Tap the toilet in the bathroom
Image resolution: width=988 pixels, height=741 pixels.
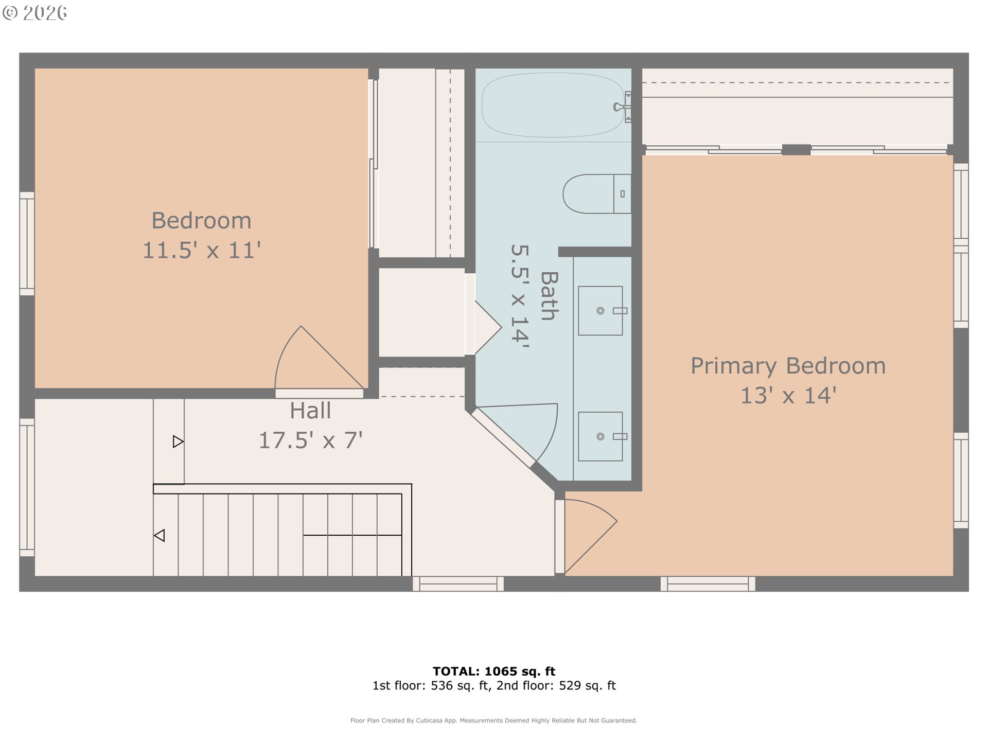click(596, 194)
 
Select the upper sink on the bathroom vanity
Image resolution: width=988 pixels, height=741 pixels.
click(601, 311)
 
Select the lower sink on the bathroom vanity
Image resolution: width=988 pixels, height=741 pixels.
click(601, 436)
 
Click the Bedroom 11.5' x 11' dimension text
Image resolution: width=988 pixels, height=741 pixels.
click(202, 251)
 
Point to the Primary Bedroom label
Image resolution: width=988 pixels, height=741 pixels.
click(788, 366)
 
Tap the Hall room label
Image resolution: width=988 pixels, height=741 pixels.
click(310, 411)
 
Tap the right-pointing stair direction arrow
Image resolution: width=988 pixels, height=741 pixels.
click(178, 442)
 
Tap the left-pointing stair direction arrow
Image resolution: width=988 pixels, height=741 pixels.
click(160, 536)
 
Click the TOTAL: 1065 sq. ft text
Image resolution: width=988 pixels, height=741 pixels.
click(494, 671)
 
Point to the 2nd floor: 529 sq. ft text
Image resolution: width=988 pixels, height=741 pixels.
click(556, 685)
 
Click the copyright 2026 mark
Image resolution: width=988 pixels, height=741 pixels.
click(35, 13)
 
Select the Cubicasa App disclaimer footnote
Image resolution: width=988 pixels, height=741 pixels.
click(494, 720)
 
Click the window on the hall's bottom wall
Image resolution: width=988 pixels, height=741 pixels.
click(458, 584)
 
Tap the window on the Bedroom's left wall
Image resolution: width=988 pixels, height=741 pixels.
click(27, 243)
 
